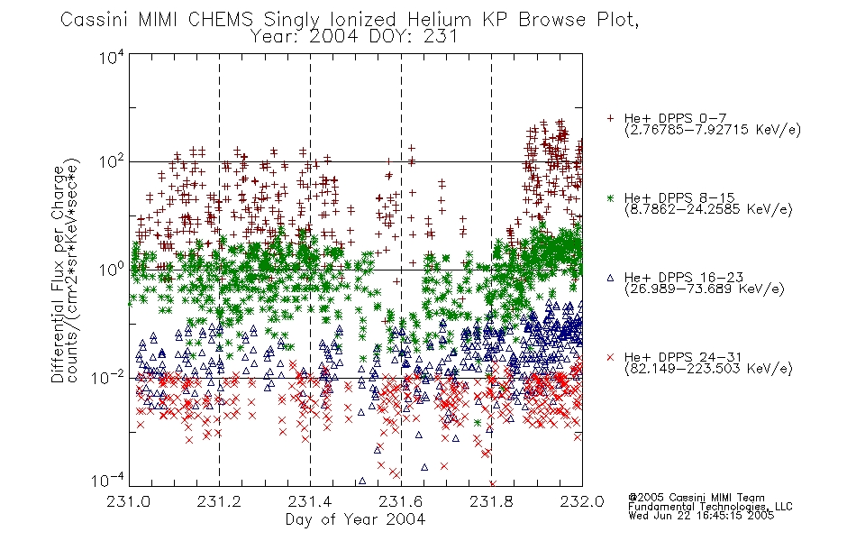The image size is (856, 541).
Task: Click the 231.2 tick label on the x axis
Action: tap(219, 501)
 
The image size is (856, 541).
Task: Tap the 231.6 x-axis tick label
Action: tap(401, 501)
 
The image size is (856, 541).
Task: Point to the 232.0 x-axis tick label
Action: tap(582, 501)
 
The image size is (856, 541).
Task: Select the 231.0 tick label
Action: tap(129, 501)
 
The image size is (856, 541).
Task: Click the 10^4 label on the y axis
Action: tap(112, 58)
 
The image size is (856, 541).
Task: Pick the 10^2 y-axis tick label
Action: tap(112, 161)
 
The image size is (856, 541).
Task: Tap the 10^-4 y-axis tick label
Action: tap(108, 481)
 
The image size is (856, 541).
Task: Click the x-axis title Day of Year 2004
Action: tap(355, 519)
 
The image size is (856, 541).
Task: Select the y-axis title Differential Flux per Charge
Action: tap(58, 274)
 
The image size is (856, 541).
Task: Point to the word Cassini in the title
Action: tap(94, 20)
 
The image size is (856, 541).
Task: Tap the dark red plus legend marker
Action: tap(610, 118)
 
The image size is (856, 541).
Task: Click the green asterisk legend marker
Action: tap(610, 197)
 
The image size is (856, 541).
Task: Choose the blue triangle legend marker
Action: tap(610, 278)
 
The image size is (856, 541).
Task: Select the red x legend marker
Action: tap(610, 357)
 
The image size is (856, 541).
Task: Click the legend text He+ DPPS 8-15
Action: tap(679, 197)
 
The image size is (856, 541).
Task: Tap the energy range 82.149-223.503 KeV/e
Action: tap(708, 369)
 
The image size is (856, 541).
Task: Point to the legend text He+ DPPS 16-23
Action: tap(684, 277)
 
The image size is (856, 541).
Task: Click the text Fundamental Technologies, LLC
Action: tap(710, 507)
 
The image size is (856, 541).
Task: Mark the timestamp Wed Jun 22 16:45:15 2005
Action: tap(701, 515)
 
